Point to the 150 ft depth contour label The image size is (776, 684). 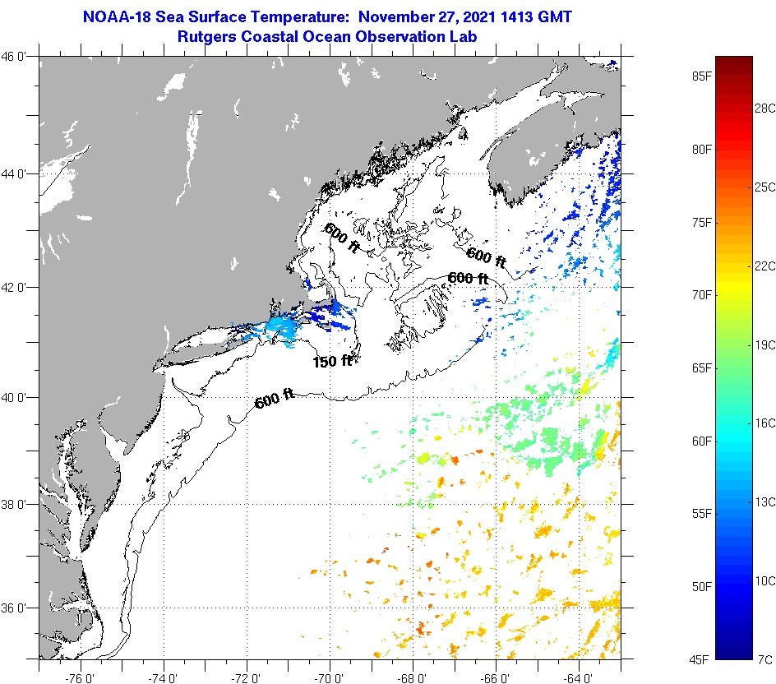pos(332,361)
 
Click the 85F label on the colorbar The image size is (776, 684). pos(700,77)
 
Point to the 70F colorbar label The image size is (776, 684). pos(700,294)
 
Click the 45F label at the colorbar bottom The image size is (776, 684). pos(700,659)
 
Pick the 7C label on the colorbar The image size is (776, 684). pos(764,659)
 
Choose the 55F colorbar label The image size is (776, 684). pos(700,513)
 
